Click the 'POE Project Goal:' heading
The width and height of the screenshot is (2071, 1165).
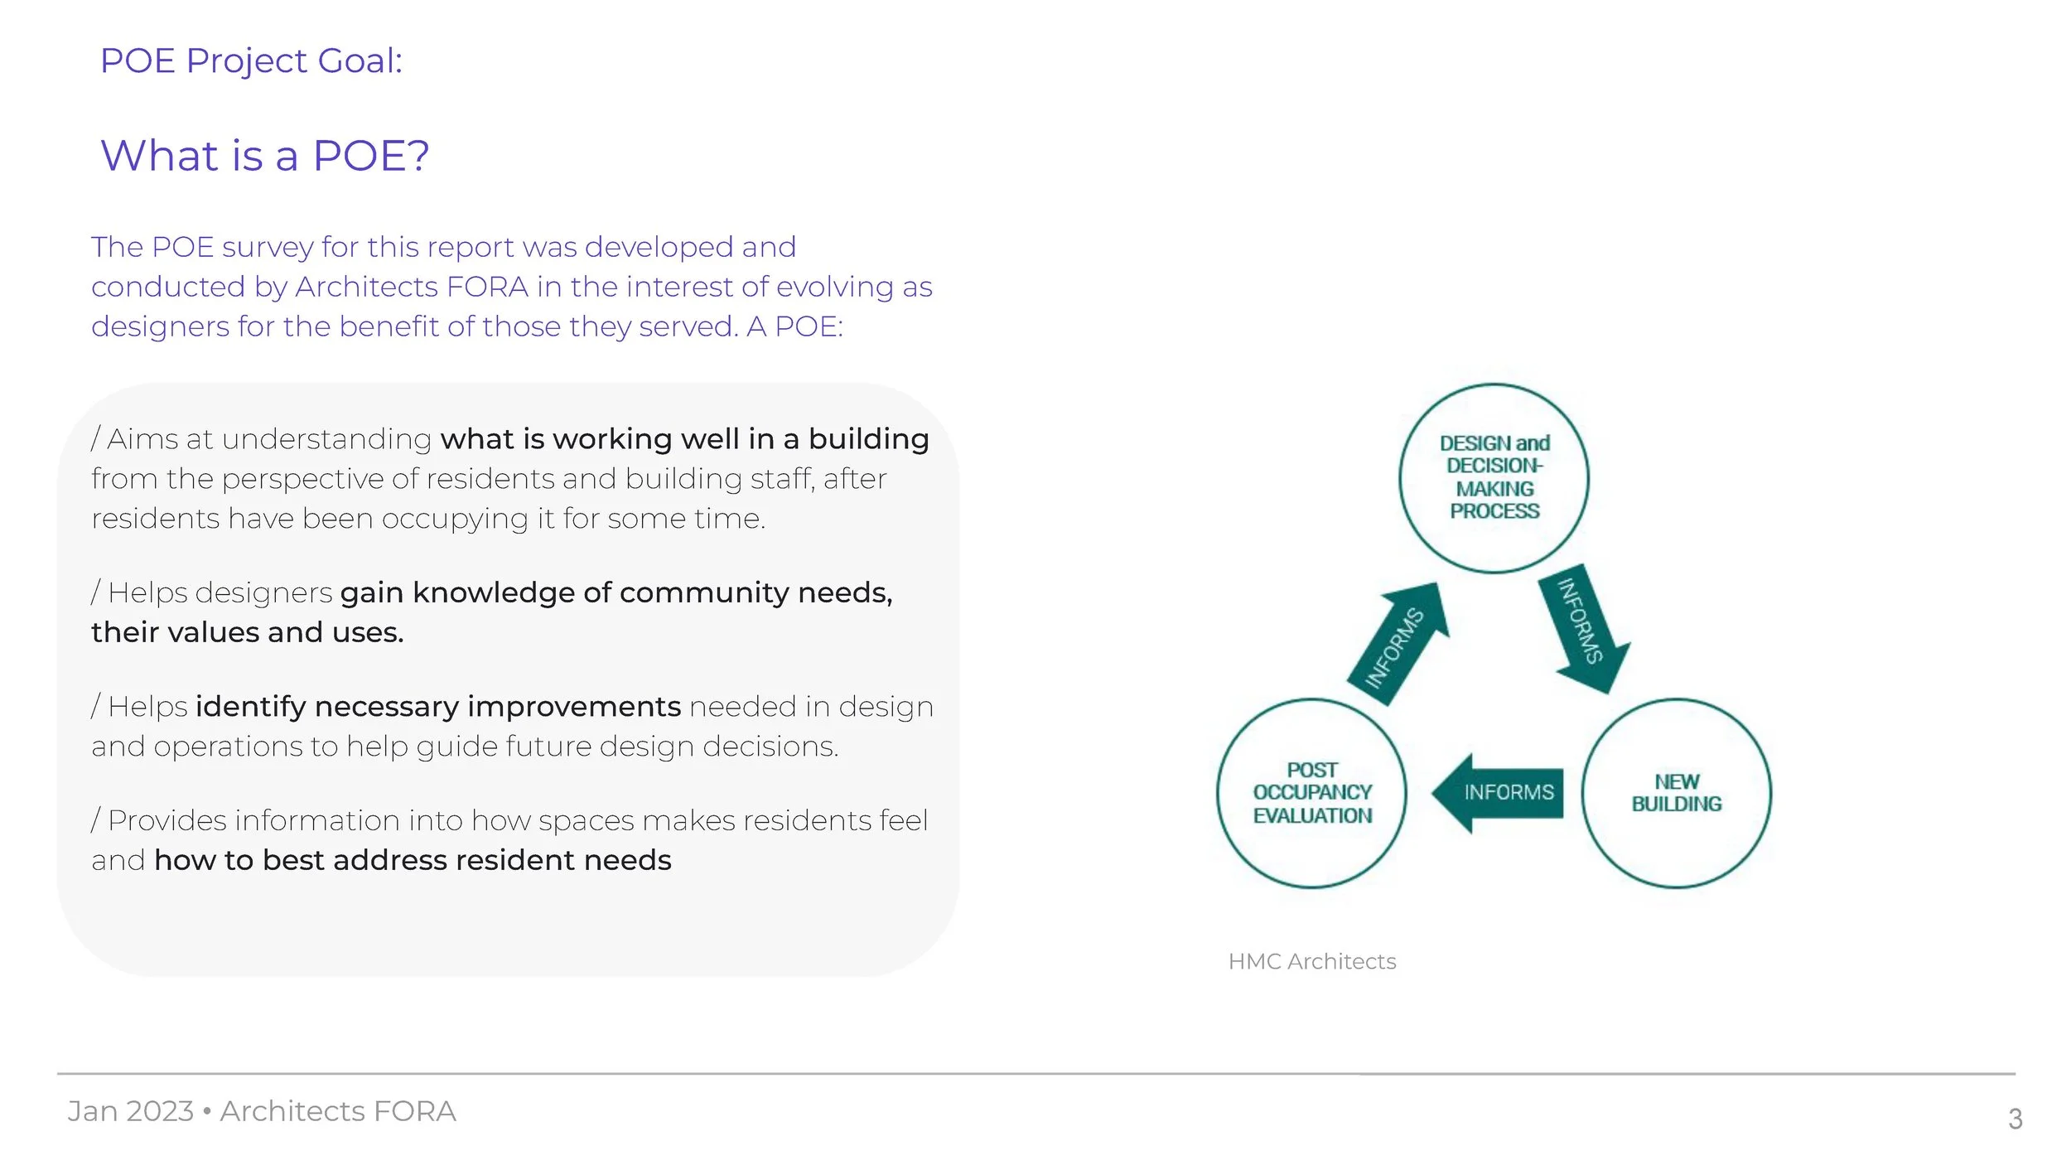click(251, 60)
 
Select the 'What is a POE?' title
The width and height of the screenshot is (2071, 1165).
click(265, 156)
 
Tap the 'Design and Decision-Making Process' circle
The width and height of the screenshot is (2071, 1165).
click(1494, 478)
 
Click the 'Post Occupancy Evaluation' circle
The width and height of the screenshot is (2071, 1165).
click(1311, 793)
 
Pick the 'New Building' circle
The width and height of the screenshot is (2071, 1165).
click(1676, 793)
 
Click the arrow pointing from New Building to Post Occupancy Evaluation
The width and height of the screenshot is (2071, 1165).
click(1497, 793)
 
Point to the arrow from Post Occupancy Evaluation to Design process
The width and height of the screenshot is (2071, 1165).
click(1399, 644)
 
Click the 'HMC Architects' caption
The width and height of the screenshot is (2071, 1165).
click(1311, 961)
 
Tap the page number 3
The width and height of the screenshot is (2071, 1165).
click(2015, 1119)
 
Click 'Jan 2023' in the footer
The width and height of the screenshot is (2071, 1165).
click(130, 1111)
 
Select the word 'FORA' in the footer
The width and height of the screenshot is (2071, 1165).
click(414, 1111)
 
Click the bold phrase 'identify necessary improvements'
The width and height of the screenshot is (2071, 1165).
click(438, 707)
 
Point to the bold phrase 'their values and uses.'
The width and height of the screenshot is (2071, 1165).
click(248, 632)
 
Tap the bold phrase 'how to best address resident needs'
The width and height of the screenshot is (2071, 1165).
click(413, 860)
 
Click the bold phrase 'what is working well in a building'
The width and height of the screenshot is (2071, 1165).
click(684, 439)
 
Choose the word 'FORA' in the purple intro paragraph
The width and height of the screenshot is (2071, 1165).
click(487, 287)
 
